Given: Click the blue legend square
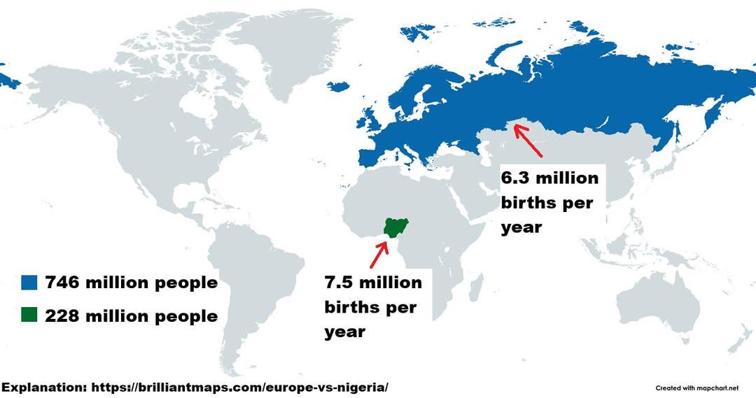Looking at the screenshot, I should click(x=28, y=283).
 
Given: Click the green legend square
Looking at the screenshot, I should click(x=28, y=315).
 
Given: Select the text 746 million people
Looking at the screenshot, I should click(x=132, y=283).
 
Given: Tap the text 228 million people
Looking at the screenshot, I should click(x=132, y=316).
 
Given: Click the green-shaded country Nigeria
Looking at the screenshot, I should click(x=396, y=227).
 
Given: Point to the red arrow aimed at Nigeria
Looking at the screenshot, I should click(x=379, y=255).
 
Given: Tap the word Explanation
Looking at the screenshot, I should click(x=43, y=387).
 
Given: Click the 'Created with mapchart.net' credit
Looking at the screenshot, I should click(x=696, y=388).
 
